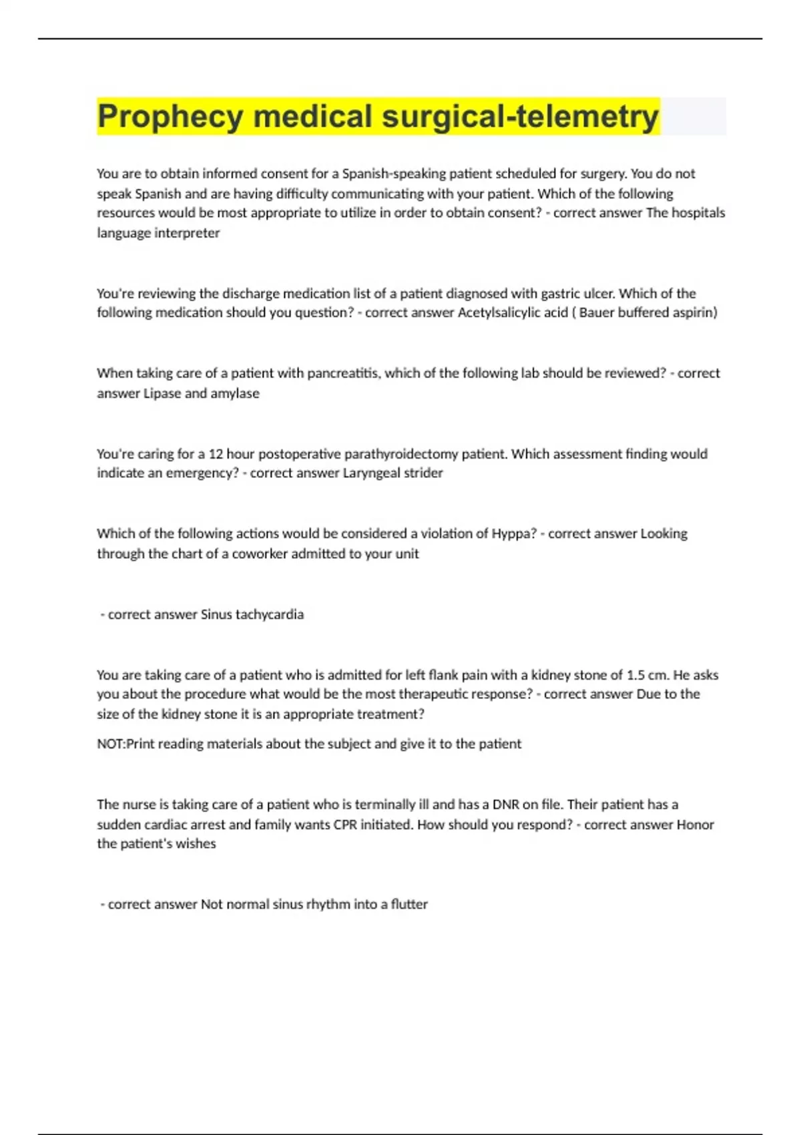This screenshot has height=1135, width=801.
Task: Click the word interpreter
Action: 187,233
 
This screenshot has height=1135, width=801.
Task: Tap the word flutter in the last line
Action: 409,904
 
